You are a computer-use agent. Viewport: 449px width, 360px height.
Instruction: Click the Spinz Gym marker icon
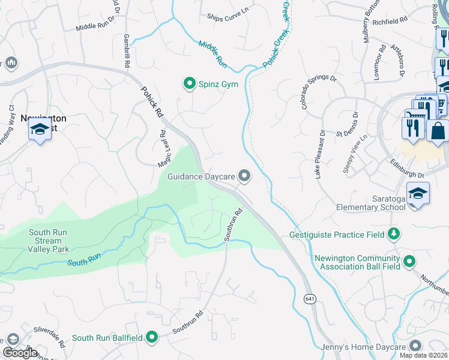click(190, 83)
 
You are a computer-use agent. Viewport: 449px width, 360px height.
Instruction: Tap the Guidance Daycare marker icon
click(244, 176)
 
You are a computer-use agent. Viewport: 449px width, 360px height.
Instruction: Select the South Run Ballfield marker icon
click(152, 337)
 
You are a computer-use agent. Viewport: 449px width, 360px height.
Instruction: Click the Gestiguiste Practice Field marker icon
click(394, 233)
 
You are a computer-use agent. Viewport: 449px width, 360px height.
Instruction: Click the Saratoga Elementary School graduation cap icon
click(417, 193)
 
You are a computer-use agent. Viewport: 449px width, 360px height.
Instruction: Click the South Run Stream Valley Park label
click(48, 241)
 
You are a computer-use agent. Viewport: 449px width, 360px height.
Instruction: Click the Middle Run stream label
click(212, 52)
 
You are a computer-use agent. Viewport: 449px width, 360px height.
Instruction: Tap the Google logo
click(19, 353)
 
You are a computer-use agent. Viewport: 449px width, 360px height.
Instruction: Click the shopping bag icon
click(438, 130)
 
